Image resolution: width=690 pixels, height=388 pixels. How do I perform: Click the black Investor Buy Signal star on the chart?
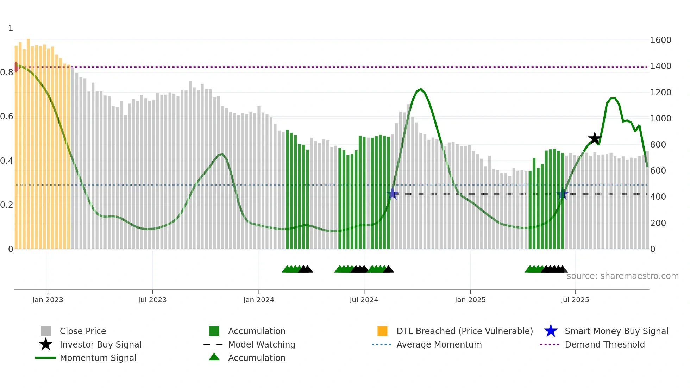[595, 138]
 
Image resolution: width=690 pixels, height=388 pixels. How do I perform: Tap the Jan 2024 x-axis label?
[258, 300]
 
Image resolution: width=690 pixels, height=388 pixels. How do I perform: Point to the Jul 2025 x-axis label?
[575, 300]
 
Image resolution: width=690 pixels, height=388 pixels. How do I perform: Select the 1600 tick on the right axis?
[660, 40]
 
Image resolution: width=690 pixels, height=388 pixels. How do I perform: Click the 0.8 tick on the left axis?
[7, 73]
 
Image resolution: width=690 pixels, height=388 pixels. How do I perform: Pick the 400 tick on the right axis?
[658, 197]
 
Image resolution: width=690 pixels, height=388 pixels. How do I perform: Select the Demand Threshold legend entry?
[604, 345]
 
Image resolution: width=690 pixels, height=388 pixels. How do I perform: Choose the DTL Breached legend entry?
[464, 331]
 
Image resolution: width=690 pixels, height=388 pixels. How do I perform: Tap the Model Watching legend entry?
[261, 345]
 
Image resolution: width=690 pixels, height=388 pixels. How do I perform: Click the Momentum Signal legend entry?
[98, 358]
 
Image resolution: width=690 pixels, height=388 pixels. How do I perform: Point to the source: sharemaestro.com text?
[622, 276]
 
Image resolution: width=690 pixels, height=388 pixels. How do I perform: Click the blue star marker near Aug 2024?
[393, 194]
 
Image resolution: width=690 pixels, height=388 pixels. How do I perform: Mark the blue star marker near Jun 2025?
[563, 194]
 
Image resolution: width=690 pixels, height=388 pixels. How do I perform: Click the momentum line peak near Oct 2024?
[421, 89]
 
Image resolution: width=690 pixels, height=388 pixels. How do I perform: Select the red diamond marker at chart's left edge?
[16, 67]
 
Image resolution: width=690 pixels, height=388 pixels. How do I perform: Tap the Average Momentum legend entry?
[439, 345]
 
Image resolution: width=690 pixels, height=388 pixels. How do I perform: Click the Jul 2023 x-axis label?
[152, 300]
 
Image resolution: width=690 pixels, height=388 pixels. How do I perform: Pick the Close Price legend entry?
[82, 331]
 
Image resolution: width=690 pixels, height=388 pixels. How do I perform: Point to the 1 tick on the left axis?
[11, 28]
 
